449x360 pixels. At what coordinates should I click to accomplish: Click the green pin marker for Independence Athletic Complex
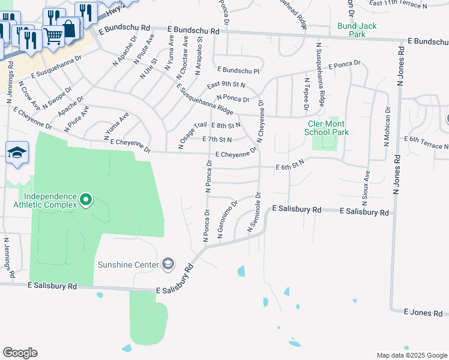(86, 199)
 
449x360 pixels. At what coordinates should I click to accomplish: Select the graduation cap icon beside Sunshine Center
(169, 264)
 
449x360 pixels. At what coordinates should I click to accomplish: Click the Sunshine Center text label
(128, 265)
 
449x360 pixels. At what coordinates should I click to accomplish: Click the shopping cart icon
(53, 36)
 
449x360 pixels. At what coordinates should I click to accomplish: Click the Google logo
(20, 353)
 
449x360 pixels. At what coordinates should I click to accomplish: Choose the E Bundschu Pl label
(238, 70)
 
